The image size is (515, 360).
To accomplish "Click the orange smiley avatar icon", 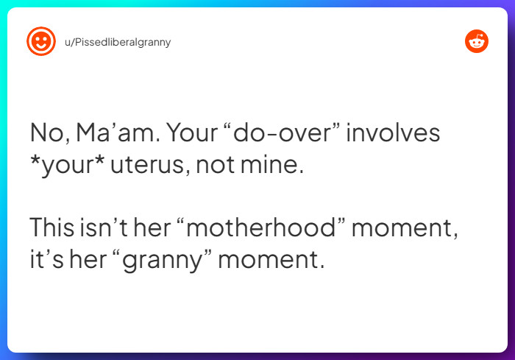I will pos(41,42).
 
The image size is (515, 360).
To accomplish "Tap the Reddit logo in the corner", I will pos(477,42).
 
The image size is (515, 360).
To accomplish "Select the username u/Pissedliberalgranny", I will pos(118,42).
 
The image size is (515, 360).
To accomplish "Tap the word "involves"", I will pos(393,134).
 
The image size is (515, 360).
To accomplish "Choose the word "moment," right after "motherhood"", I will pos(405,227).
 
